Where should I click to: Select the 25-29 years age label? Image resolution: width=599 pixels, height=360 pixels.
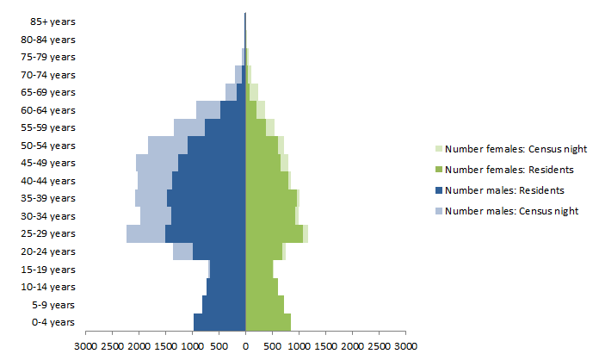click(x=50, y=234)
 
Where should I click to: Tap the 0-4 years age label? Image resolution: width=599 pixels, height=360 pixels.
click(x=53, y=323)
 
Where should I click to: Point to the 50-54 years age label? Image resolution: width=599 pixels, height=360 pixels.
click(x=50, y=146)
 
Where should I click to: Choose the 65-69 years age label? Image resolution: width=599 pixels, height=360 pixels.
click(x=50, y=92)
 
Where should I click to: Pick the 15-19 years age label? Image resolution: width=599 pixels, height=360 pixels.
click(x=50, y=270)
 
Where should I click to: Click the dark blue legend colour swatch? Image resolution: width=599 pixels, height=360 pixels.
click(x=439, y=190)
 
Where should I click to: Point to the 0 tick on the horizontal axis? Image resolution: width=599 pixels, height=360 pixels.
click(x=245, y=346)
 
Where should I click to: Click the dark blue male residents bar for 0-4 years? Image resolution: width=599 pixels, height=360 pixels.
click(x=219, y=322)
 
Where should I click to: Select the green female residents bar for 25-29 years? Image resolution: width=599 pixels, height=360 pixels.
click(x=274, y=233)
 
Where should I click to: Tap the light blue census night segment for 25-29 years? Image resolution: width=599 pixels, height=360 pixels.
click(x=145, y=233)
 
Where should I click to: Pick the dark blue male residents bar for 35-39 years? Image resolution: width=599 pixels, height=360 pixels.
click(x=207, y=198)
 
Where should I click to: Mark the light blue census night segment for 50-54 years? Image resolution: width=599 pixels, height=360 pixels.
click(x=168, y=145)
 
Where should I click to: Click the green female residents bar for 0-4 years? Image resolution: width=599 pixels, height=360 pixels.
click(x=268, y=322)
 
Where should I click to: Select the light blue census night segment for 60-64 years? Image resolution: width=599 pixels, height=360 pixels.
click(x=208, y=109)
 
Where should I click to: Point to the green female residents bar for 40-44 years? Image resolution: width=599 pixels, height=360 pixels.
click(x=267, y=181)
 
